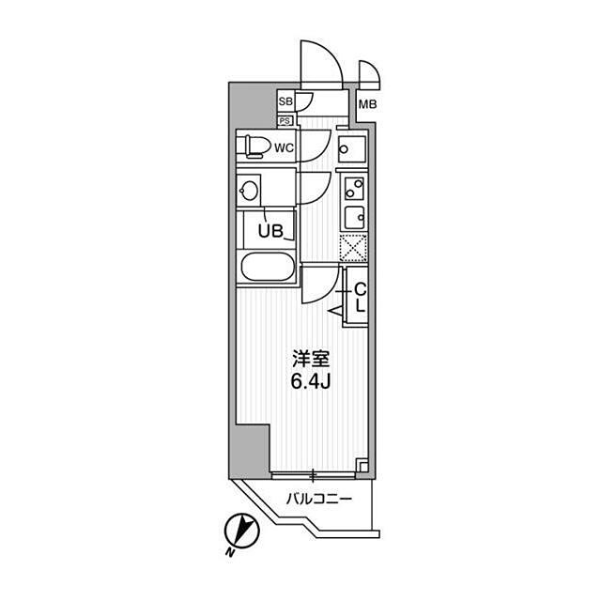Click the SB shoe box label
coord(285,101)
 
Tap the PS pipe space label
coord(285,121)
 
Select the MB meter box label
coord(367,104)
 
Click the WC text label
coord(284,147)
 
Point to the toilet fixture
coord(254,146)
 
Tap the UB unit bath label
coord(270,231)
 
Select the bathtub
coord(266,267)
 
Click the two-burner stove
coord(354,189)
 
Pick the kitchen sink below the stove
coord(355,218)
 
